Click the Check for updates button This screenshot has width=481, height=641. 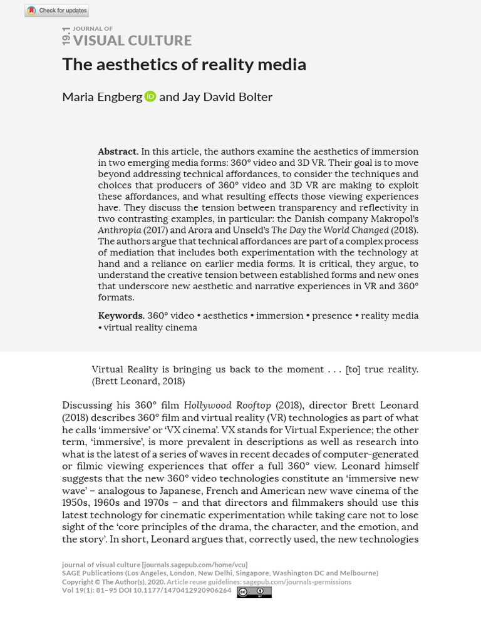click(x=56, y=11)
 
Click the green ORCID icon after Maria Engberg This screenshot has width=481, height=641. click(x=150, y=96)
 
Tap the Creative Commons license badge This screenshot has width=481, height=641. click(x=254, y=592)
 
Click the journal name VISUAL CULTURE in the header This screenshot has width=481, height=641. click(x=132, y=41)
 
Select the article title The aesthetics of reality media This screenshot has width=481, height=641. click(x=184, y=64)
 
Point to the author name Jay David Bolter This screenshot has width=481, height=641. click(x=227, y=97)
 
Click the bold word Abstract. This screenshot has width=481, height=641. click(x=117, y=151)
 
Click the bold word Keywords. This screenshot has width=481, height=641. click(x=121, y=315)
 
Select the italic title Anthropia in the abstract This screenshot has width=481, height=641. click(x=119, y=230)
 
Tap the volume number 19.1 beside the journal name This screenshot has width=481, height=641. click(x=66, y=36)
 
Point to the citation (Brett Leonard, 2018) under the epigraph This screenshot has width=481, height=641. click(x=138, y=381)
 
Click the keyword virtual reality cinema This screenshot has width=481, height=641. click(x=150, y=327)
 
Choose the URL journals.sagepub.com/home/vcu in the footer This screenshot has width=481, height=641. click(x=195, y=565)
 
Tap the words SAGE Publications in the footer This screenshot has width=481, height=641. click(x=92, y=573)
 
